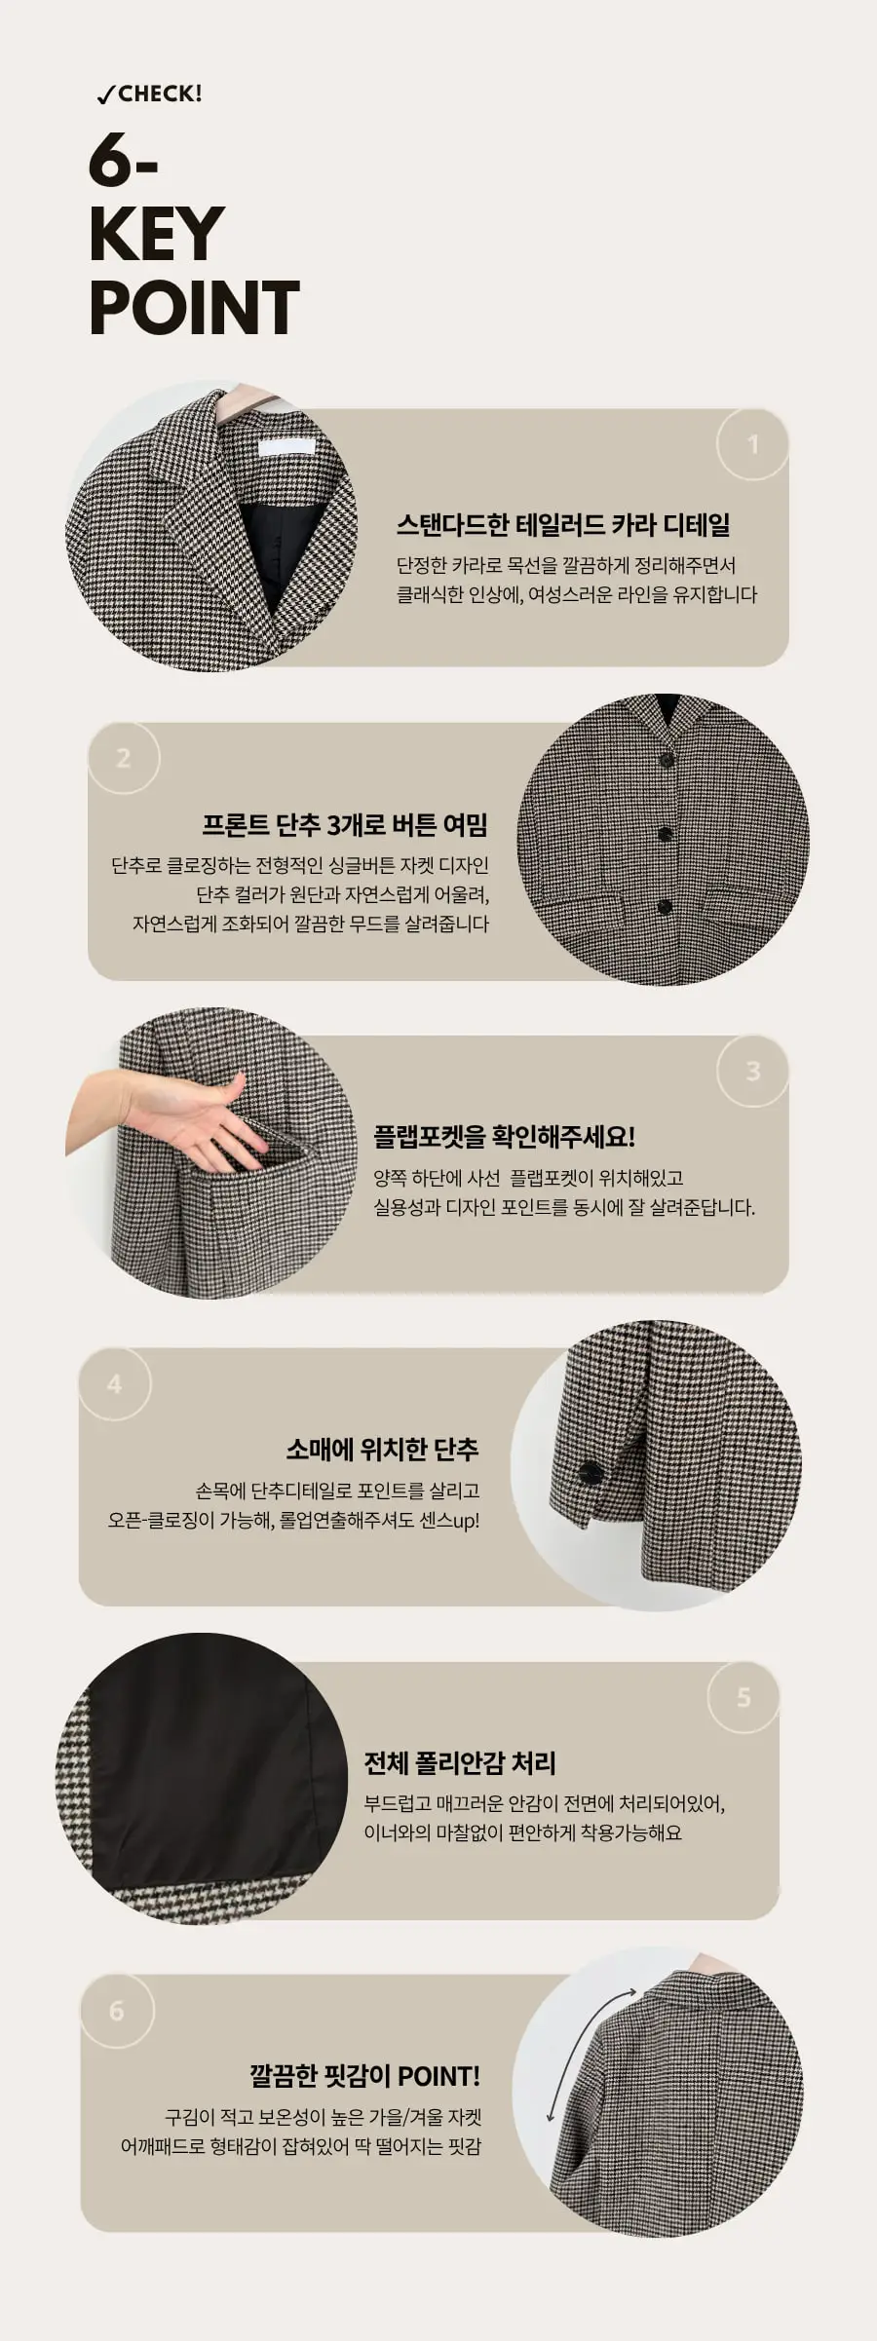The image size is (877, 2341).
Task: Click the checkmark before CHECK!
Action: coord(105,95)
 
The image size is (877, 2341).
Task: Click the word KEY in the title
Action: coord(156,235)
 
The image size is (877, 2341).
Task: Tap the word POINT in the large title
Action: coord(194,309)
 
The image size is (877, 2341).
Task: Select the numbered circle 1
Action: coord(752,444)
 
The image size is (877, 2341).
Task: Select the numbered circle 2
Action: coord(123,758)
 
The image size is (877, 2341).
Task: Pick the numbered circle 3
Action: coord(752,1071)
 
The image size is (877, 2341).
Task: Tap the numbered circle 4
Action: coord(115,1384)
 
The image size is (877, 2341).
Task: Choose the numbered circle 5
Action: coord(744,1697)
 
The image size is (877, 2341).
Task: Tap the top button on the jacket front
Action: coord(667,759)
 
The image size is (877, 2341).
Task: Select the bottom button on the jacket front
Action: coord(666,908)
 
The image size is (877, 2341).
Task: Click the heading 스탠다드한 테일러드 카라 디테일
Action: coord(563,525)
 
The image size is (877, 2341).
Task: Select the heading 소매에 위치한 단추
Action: coord(382,1449)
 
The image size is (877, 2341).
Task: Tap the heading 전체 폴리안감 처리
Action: coord(460,1762)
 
